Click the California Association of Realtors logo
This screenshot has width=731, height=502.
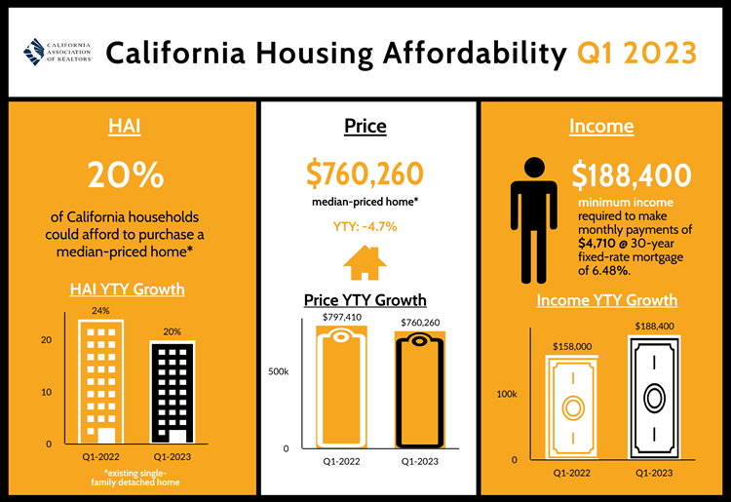58,51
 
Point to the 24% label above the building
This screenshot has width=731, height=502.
101,310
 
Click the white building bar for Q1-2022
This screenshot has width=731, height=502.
101,381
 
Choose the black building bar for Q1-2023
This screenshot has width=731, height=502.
172,392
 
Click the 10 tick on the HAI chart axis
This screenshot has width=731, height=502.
46,392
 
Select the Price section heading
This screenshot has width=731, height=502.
365,127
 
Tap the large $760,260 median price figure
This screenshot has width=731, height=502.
365,174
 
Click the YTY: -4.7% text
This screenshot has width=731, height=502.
365,227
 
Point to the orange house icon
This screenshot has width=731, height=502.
365,262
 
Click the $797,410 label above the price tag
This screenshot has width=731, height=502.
341,317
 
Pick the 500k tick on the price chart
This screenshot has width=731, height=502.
278,372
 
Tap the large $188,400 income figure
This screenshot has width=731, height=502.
632,175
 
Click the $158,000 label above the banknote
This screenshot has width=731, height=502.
572,345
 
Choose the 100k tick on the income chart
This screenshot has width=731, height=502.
507,394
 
